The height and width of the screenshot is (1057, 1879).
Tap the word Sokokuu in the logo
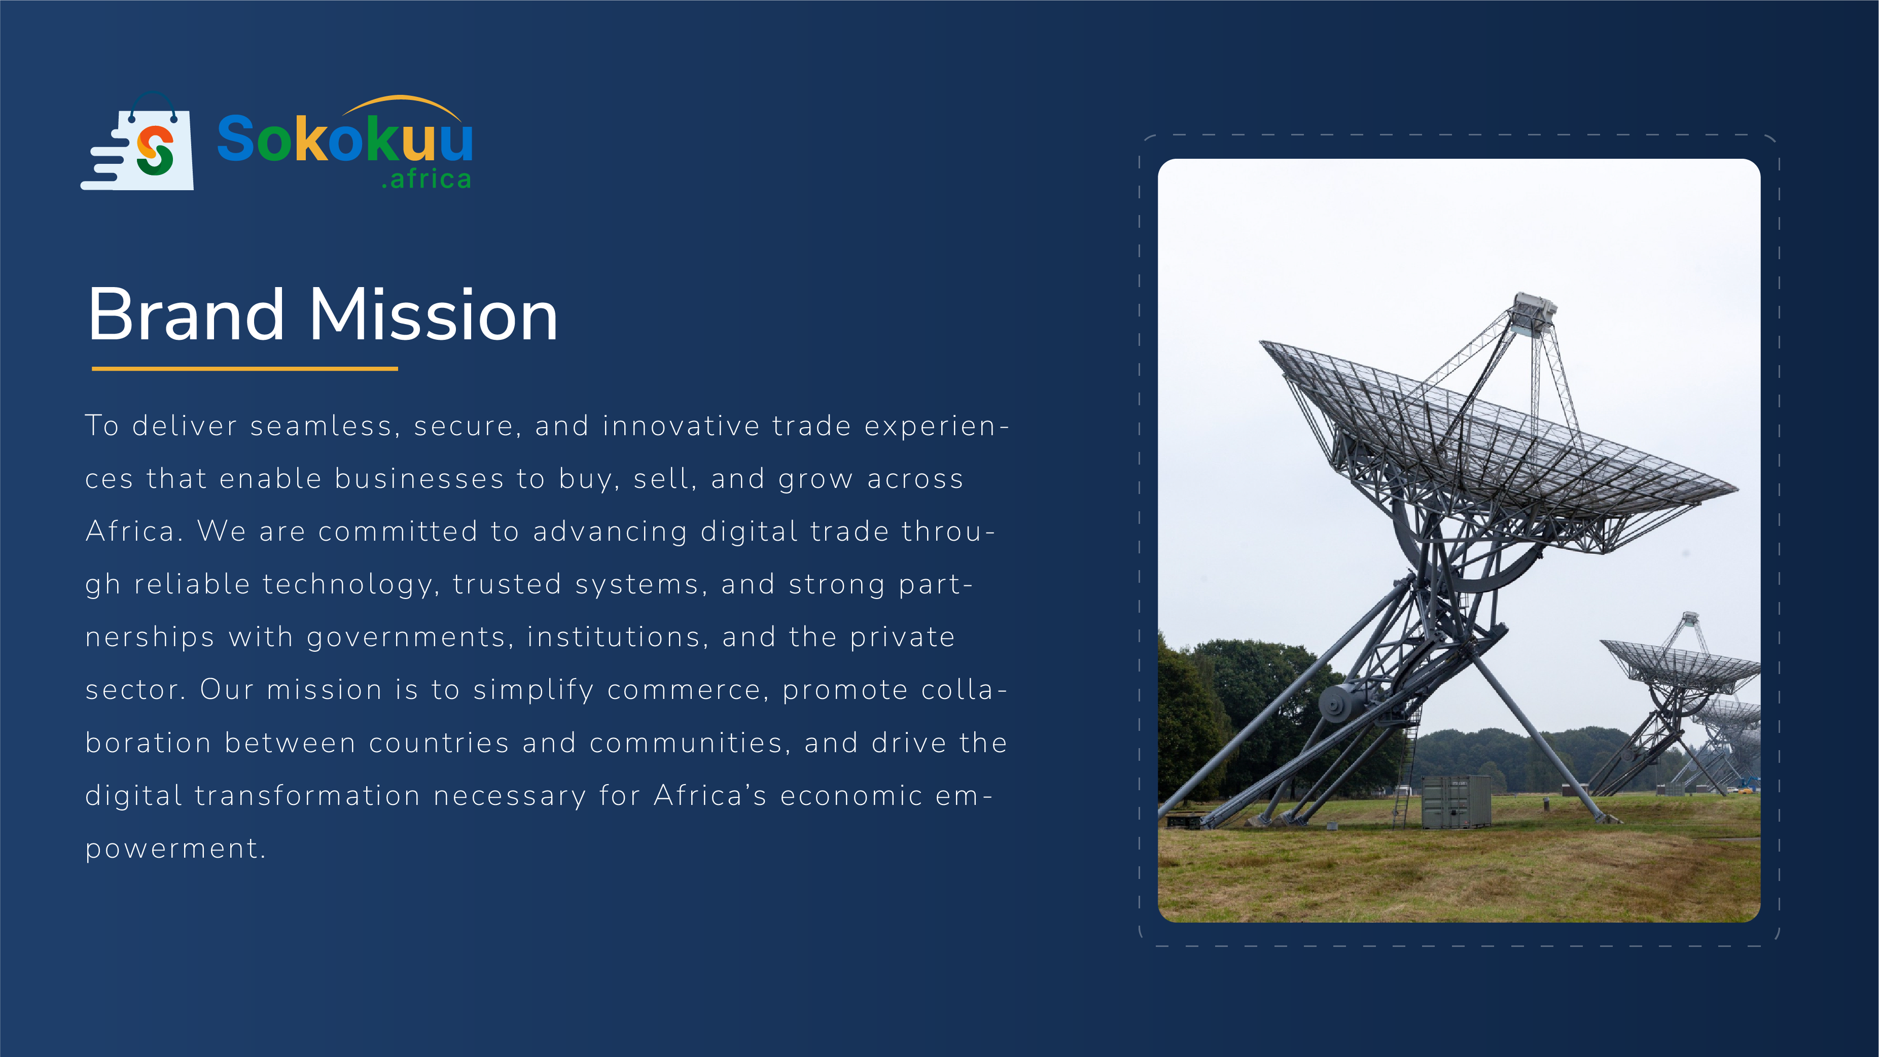(345, 138)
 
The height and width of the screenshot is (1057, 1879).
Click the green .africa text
(427, 179)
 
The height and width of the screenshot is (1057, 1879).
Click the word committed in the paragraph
(398, 532)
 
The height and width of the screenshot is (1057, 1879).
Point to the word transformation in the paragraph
(308, 796)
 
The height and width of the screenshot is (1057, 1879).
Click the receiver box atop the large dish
(1534, 313)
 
